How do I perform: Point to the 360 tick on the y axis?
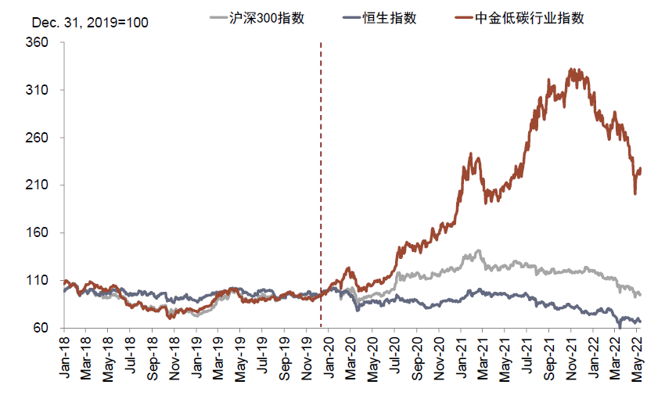pyautogui.click(x=38, y=43)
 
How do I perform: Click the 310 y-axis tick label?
pyautogui.click(x=38, y=91)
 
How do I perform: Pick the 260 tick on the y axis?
pyautogui.click(x=38, y=138)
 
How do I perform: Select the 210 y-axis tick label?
pyautogui.click(x=38, y=185)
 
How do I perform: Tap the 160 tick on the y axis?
pyautogui.click(x=38, y=233)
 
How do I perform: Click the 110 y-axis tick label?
pyautogui.click(x=38, y=280)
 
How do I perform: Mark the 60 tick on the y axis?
pyautogui.click(x=41, y=328)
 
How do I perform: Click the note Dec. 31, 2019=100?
pyautogui.click(x=90, y=22)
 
